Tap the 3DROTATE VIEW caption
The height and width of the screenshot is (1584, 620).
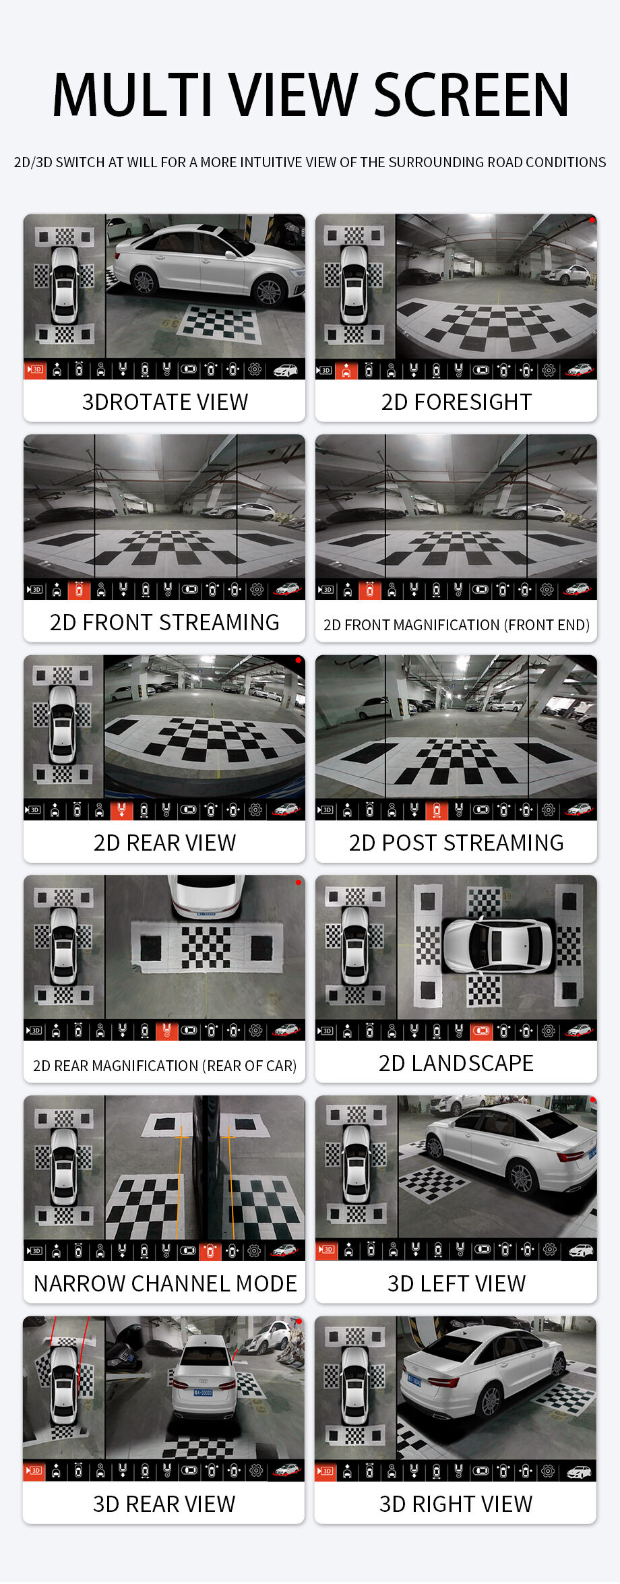[x=164, y=402]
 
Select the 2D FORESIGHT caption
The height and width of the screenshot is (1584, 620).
[x=456, y=402]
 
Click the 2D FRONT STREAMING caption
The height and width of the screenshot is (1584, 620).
[x=164, y=622]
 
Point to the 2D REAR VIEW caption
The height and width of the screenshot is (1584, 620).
[x=164, y=843]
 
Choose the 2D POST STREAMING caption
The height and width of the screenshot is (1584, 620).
[x=456, y=843]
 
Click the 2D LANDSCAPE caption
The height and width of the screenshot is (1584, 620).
[x=456, y=1063]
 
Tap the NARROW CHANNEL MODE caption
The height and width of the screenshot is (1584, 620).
[x=164, y=1283]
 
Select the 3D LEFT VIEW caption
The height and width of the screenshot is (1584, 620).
[x=456, y=1283]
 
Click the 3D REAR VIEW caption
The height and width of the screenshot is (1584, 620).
[x=164, y=1504]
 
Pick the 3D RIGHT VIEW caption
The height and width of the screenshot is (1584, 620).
[x=456, y=1504]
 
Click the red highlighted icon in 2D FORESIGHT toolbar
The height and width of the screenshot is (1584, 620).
[x=346, y=370]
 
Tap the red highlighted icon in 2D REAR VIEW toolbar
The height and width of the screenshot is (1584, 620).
[x=121, y=810]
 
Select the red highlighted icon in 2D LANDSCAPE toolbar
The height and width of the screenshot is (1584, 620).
[x=481, y=1031]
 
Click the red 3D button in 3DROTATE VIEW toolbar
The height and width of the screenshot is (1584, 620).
[x=34, y=369]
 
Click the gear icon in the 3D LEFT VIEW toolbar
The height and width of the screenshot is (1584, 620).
[x=550, y=1250]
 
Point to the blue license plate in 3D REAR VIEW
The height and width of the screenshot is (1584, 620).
[x=203, y=1393]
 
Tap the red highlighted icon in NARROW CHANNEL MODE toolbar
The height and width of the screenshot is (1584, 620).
[x=210, y=1251]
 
